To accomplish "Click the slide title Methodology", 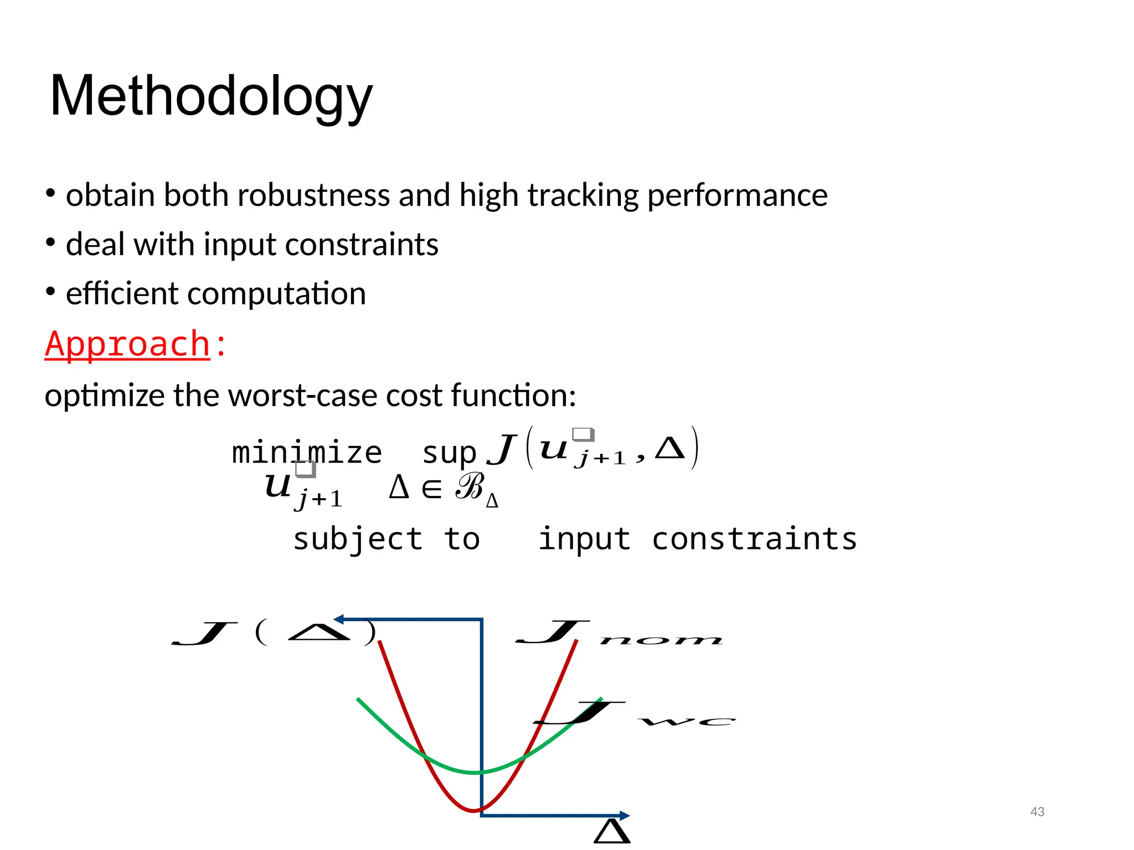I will coord(211,97).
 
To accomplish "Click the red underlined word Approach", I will coord(127,344).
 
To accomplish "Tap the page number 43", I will coord(1037,812).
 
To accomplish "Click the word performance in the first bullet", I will coord(737,195).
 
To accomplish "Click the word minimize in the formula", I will coord(307,453).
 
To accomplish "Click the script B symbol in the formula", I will coord(470,487).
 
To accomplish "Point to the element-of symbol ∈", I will coord(431,489).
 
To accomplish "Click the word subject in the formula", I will coord(358,539).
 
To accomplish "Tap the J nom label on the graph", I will coord(618,633).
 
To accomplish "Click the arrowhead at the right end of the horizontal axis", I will coord(624,815).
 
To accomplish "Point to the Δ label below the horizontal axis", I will coord(612,832).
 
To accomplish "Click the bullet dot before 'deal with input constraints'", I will coord(50,243).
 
